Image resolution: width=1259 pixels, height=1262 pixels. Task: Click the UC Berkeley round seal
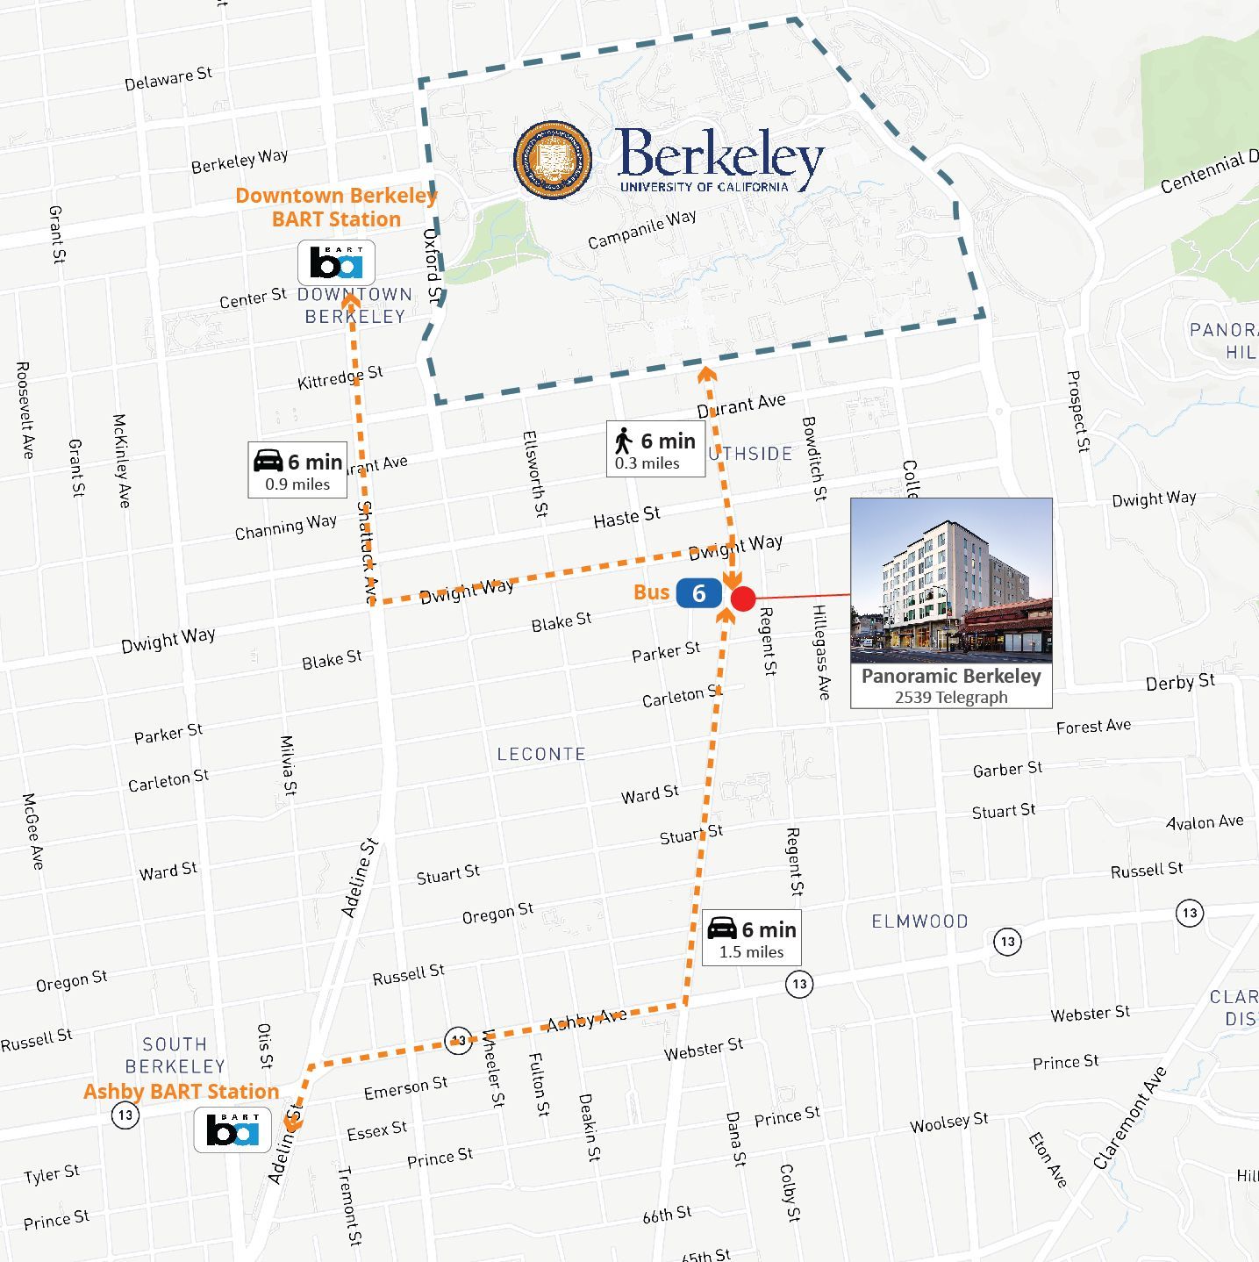(552, 159)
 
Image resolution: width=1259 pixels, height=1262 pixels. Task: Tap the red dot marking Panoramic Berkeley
(743, 599)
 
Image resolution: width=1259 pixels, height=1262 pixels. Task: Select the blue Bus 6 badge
(698, 594)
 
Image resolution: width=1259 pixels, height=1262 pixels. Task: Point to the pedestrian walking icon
(624, 441)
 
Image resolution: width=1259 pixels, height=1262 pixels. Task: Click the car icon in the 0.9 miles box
(268, 461)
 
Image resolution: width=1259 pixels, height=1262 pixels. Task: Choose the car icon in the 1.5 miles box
(722, 929)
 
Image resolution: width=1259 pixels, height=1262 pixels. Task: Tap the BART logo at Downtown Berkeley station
(336, 262)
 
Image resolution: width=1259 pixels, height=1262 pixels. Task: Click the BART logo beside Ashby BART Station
(232, 1130)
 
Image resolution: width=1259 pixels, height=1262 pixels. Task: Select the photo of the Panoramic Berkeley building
(951, 580)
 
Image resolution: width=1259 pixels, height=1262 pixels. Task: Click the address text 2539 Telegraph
(951, 698)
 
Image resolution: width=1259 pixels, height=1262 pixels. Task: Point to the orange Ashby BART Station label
(181, 1092)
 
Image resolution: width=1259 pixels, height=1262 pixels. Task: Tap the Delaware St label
(168, 78)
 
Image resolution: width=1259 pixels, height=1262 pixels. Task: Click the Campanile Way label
(641, 229)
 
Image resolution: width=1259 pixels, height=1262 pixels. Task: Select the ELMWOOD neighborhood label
(919, 921)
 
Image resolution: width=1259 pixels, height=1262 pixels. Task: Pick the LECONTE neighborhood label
(541, 754)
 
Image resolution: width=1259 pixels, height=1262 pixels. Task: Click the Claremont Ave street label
(1129, 1118)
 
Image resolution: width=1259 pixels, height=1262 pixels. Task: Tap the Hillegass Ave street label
(821, 651)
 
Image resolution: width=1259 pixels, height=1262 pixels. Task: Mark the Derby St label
(1180, 682)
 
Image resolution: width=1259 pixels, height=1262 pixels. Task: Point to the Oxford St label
(432, 266)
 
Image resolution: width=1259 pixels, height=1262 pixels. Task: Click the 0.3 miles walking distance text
(647, 463)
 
